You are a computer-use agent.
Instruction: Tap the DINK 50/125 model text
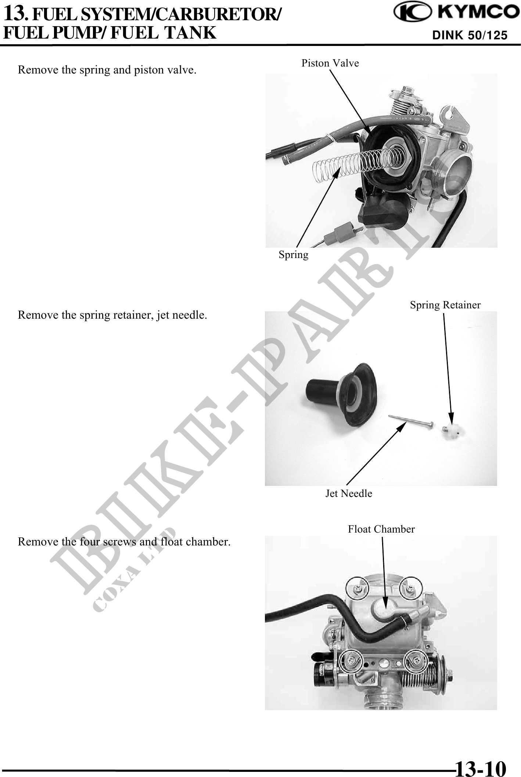point(470,35)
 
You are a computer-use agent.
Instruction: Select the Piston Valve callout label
point(330,63)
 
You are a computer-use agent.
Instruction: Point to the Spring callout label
point(294,255)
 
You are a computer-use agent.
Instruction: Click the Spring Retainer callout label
point(445,305)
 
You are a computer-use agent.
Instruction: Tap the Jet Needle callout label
point(349,493)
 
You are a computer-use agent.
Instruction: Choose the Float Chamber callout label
point(381,529)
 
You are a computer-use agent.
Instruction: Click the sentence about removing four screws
point(124,542)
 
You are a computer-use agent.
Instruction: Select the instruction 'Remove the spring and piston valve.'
point(107,69)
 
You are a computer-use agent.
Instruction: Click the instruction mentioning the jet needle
point(112,315)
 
